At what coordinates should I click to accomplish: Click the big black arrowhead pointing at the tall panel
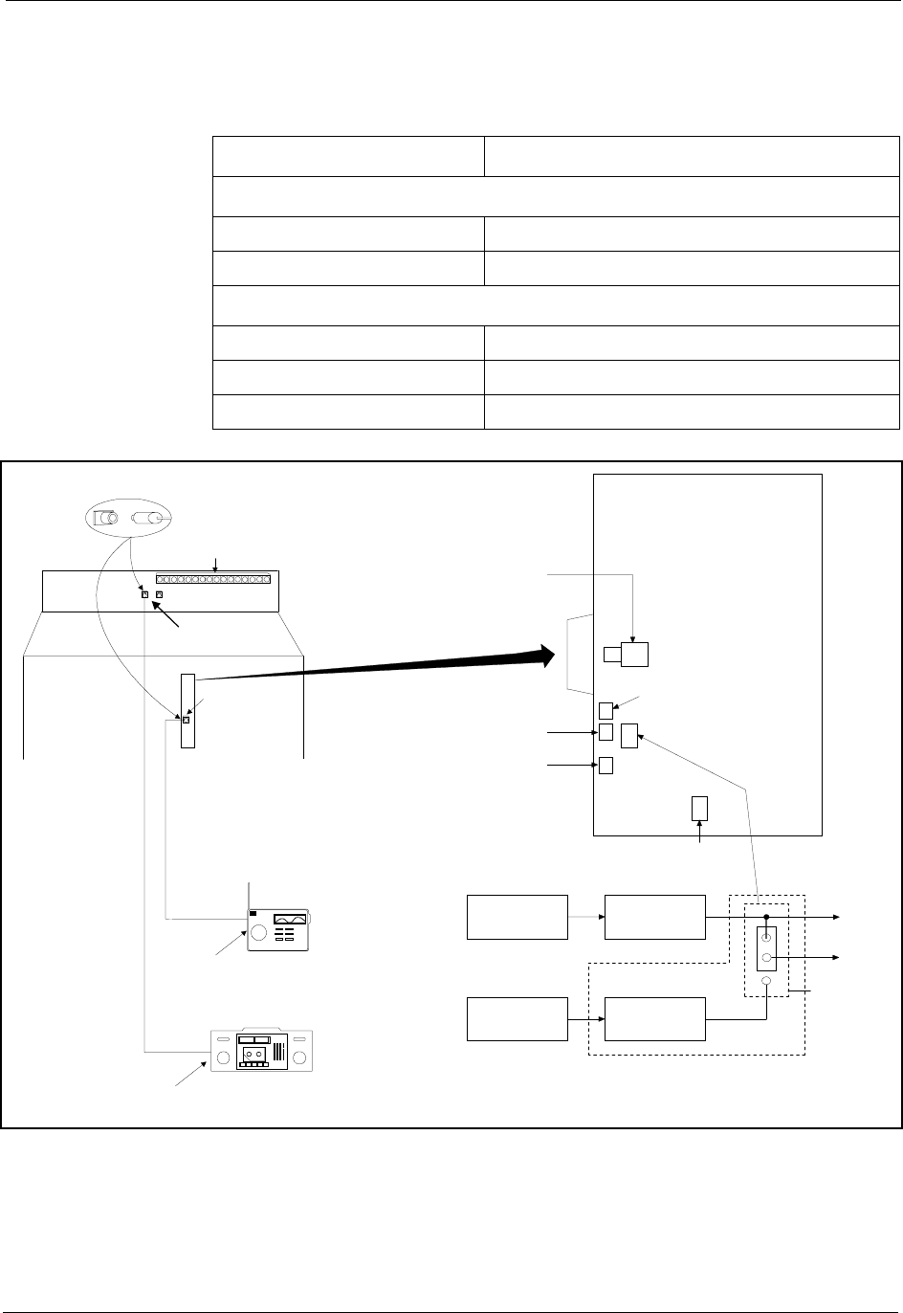tap(544, 656)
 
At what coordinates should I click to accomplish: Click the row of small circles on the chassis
tap(213, 579)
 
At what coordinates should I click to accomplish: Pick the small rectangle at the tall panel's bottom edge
tap(699, 808)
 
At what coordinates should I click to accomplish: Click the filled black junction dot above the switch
tap(767, 917)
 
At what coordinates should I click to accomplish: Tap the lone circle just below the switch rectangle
tap(766, 982)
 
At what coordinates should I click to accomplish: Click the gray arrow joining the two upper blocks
tap(586, 917)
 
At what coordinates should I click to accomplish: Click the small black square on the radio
tap(253, 914)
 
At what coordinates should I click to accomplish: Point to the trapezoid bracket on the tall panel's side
tap(581, 656)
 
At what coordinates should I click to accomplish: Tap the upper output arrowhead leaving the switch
tap(838, 917)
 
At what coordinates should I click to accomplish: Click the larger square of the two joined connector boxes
tap(634, 655)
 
